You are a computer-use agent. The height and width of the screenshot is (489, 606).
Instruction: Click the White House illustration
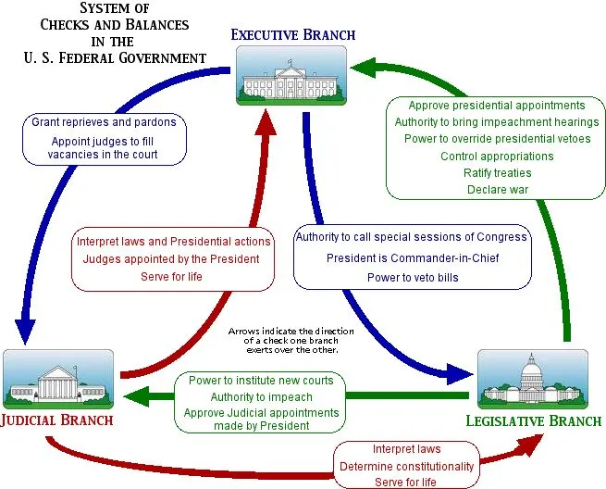tap(291, 75)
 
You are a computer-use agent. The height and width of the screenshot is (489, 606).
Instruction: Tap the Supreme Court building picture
tap(58, 380)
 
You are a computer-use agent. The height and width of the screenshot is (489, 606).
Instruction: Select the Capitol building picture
tap(533, 380)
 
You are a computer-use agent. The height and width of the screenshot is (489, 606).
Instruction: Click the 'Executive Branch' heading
tap(293, 35)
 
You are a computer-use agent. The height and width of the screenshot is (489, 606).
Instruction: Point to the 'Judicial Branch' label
tap(56, 420)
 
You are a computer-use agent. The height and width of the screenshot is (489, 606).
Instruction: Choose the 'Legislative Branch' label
tap(534, 420)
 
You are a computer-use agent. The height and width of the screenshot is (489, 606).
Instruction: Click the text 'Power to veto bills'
tap(413, 278)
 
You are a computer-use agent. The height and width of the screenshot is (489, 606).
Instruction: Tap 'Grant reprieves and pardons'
tap(104, 122)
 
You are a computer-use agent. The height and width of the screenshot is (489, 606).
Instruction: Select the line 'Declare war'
tap(498, 190)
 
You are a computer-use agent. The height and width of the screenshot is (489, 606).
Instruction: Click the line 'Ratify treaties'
tap(498, 173)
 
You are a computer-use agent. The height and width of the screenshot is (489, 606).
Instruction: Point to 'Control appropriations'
tap(497, 157)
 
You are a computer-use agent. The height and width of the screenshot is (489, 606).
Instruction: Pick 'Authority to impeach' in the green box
tap(262, 397)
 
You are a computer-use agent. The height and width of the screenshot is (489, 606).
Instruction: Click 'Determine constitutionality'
tap(406, 467)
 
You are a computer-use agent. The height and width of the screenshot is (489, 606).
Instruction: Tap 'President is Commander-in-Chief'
tap(413, 258)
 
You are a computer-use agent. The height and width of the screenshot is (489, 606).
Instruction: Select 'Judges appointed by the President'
tap(171, 259)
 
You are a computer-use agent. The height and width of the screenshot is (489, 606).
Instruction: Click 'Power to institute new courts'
tap(261, 381)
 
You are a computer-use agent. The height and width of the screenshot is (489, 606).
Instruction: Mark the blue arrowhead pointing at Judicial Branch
tap(26, 331)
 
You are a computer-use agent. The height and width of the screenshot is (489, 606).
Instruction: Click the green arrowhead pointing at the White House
tap(363, 68)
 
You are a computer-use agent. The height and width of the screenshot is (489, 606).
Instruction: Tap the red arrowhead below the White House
tap(266, 122)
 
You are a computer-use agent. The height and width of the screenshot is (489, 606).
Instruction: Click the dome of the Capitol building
tap(531, 370)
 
